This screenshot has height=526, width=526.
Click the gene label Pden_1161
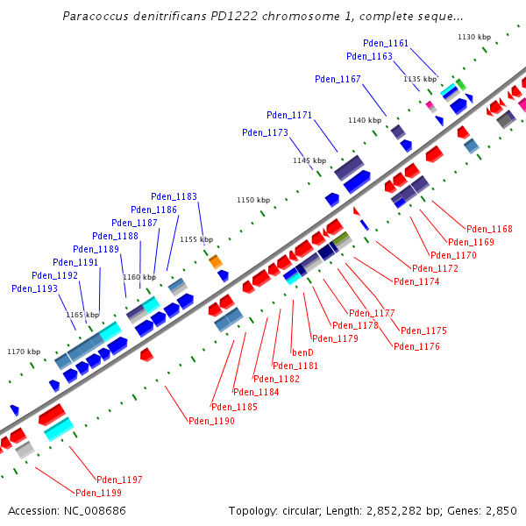pos(386,43)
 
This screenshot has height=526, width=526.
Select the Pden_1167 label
pos(338,80)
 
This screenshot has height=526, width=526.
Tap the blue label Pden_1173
pos(265,133)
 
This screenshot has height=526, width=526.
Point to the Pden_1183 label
pos(174,196)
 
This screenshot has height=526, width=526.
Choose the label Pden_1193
pos(34,288)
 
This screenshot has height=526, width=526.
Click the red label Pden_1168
pos(489,230)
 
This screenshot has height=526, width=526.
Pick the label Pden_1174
pos(416,281)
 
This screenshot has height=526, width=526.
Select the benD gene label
pos(302,352)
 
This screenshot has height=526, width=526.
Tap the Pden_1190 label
pos(211,421)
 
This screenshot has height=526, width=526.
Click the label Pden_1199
pos(97,493)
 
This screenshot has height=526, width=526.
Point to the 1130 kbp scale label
pos(474,37)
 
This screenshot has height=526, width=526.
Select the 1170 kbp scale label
pos(24,352)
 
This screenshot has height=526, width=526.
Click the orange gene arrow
pos(215,261)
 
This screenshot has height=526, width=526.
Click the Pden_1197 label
pos(119,480)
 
